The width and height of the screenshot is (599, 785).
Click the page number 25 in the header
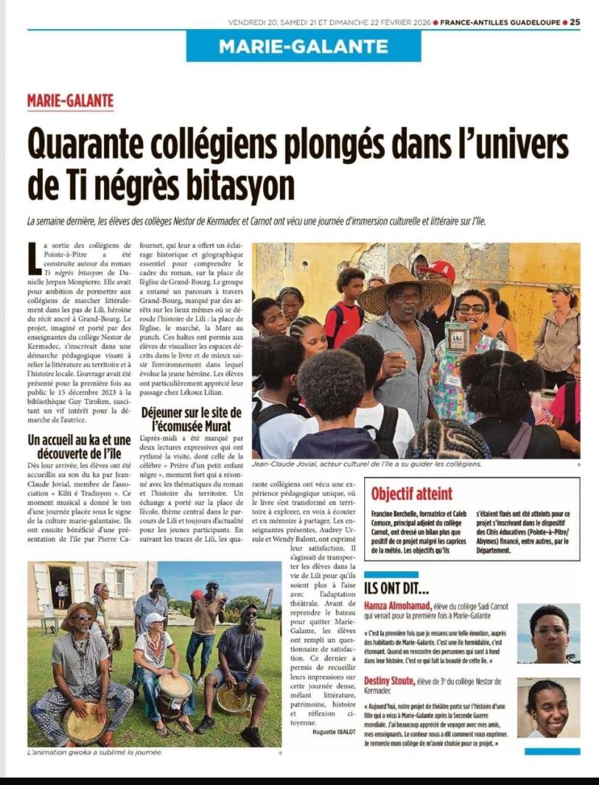tap(574, 22)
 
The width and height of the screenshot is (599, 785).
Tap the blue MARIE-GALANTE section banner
tap(303, 47)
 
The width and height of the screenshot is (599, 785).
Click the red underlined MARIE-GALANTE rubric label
tap(71, 101)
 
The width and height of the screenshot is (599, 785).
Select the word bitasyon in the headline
tap(239, 185)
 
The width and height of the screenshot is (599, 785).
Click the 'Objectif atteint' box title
tap(411, 494)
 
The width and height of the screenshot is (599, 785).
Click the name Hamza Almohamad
tap(398, 605)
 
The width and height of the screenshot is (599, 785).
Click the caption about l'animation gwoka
tap(95, 752)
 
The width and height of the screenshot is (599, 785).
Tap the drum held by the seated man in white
tap(174, 688)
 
